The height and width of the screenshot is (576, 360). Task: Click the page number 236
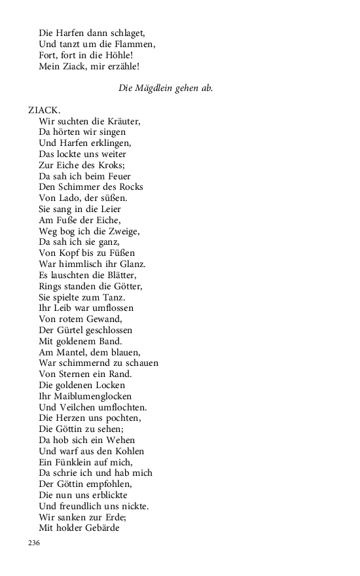point(35,543)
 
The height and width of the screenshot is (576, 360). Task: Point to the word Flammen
point(135,44)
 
